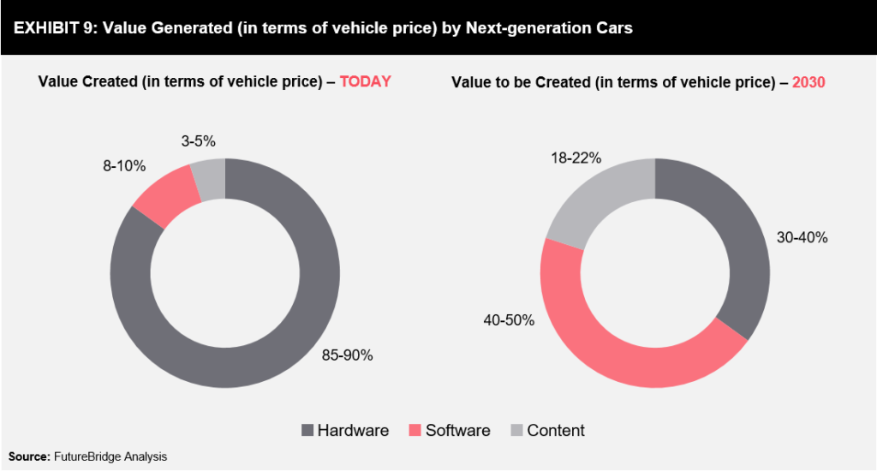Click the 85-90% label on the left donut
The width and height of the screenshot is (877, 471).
click(x=346, y=355)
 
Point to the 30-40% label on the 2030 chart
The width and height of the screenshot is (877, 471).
click(x=801, y=237)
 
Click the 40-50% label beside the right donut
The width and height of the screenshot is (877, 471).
click(x=508, y=320)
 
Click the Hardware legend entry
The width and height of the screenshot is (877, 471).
click(x=344, y=430)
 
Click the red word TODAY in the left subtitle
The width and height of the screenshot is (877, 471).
click(x=365, y=82)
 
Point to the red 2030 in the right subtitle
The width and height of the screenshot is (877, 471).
click(x=808, y=82)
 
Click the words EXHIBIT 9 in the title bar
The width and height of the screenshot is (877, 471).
click(x=50, y=28)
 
